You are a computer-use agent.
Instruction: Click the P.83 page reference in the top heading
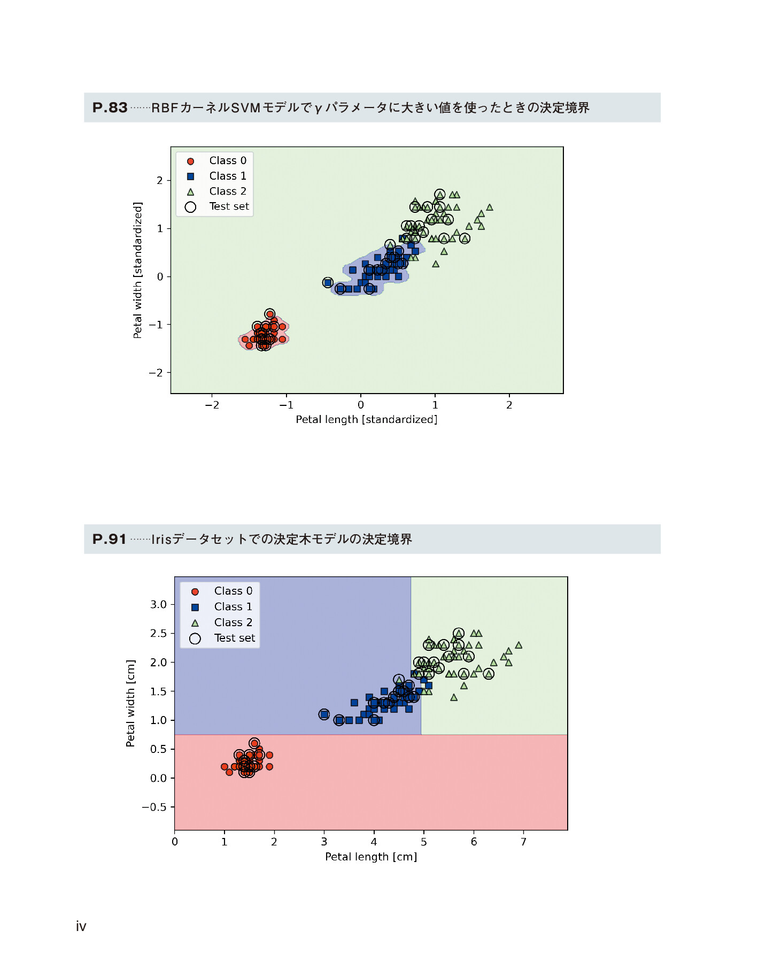tap(110, 107)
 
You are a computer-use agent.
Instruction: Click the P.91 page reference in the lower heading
tap(110, 539)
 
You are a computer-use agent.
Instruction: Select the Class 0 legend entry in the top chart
tap(227, 160)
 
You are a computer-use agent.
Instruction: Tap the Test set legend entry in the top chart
tap(228, 206)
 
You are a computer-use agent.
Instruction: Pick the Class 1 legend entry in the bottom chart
tap(233, 606)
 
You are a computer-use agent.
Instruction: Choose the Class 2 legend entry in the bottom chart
tap(233, 622)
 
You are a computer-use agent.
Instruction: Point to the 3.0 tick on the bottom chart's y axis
tap(158, 604)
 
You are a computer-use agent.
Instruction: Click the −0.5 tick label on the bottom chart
tap(154, 807)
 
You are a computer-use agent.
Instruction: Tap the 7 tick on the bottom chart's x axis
tap(523, 842)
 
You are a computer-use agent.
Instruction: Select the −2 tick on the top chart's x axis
tap(212, 405)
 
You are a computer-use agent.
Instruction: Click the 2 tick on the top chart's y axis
tap(159, 181)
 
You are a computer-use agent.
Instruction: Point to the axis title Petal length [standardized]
tap(367, 420)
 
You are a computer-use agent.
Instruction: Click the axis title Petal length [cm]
tap(371, 857)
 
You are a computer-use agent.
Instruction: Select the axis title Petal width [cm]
tap(130, 703)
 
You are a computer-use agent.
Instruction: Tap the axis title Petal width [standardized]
tap(138, 270)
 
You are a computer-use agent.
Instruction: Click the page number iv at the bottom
tap(81, 926)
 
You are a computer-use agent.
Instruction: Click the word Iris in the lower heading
tap(161, 539)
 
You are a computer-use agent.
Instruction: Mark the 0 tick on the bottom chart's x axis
tap(175, 842)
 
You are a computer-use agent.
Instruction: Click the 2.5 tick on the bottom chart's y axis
tap(158, 633)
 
